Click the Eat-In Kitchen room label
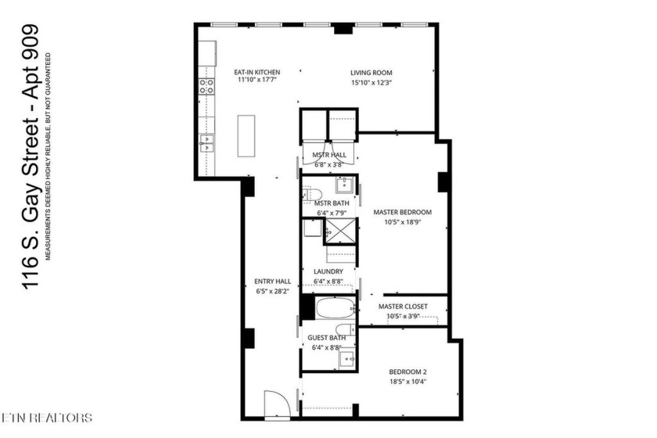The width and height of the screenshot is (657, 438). pos(257,72)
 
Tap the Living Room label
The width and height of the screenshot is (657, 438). pos(372,73)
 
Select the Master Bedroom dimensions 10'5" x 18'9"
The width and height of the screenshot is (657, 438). pos(402,222)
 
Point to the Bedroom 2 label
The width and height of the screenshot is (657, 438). pos(407,372)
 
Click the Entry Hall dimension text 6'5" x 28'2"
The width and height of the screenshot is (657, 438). pos(272,291)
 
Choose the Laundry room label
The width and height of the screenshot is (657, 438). pos(328,271)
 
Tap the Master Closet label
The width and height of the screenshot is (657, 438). pos(403,307)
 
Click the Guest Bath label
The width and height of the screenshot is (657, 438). pos(327,337)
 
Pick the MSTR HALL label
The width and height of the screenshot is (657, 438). pos(329,155)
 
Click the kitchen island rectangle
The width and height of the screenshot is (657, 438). pos(246,136)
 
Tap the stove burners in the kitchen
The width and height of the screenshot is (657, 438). pos(206,86)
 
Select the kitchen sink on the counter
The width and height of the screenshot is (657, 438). pos(206,143)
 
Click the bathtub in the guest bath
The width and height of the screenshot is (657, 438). pos(336,308)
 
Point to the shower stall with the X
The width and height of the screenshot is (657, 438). pos(341,230)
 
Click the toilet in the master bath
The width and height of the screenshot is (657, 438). pos(312,194)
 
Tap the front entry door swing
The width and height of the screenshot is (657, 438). pos(277,404)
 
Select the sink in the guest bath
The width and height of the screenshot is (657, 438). pos(347,359)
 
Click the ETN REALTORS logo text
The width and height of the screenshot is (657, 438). pos(46,418)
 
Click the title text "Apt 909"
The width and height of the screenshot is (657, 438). pos(31,63)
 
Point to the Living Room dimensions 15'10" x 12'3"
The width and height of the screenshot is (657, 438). pos(372,83)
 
